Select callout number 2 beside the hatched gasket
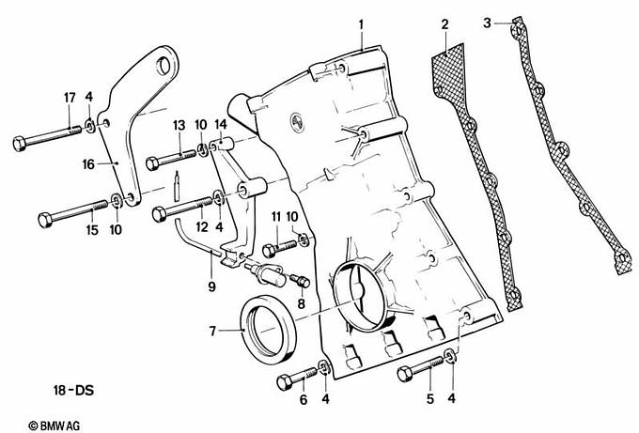coord(444,23)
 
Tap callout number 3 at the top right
coord(487,20)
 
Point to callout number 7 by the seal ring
coord(213,331)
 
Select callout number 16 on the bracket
coord(87,163)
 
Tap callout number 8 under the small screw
coord(301,304)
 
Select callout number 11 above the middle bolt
coord(277,217)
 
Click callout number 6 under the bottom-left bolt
coord(303,400)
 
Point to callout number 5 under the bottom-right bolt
coord(430,400)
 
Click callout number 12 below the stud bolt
coord(200,227)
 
